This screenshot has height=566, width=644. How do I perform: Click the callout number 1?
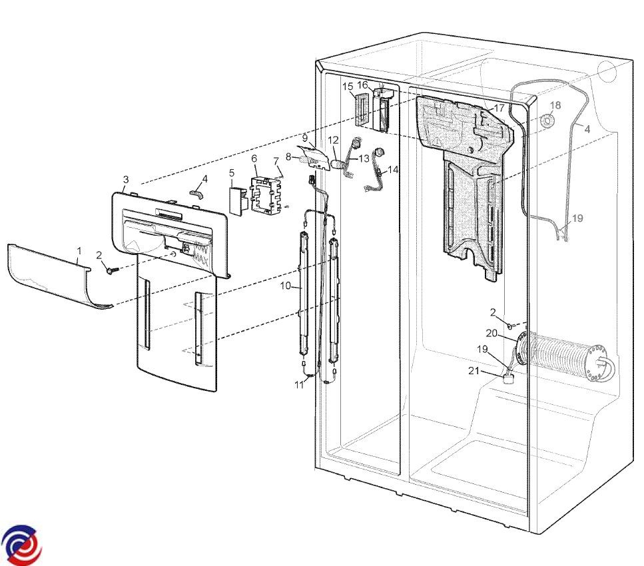pos(79,250)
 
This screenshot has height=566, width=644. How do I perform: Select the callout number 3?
pos(126,180)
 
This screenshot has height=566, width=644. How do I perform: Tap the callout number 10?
pos(286,286)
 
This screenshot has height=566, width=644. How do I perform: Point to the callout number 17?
pos(499,109)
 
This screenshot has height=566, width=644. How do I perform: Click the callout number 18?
pos(555,105)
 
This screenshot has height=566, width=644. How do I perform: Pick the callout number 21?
pos(474,371)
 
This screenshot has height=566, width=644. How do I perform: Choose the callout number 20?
pos(491,333)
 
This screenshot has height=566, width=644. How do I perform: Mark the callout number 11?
pos(299,385)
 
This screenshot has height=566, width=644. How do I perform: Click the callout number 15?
pos(348,87)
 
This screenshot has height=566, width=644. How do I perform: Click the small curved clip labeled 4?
pos(196,193)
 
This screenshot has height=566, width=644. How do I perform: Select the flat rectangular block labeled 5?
pos(236,201)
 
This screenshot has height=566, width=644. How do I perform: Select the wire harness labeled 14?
pos(375,168)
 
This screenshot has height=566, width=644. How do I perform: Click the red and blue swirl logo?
pos(21,545)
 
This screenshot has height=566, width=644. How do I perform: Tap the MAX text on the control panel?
pos(201,259)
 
